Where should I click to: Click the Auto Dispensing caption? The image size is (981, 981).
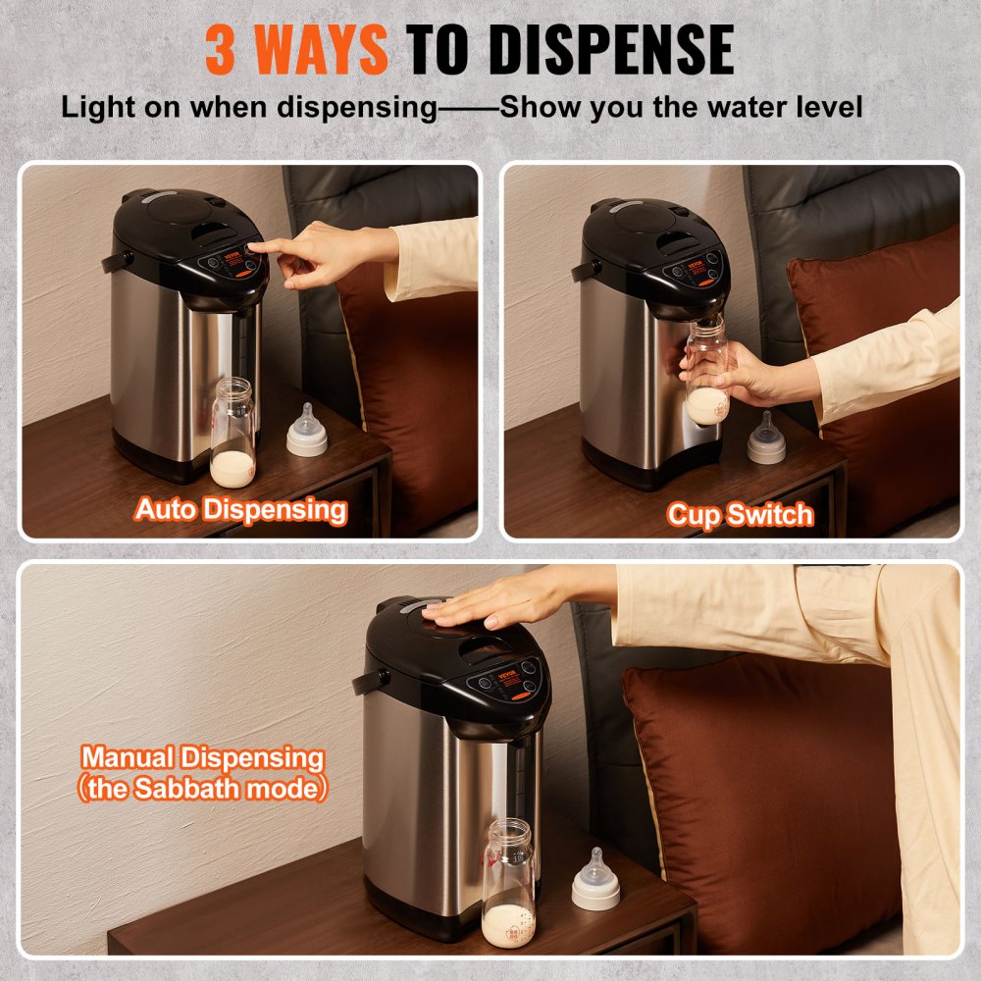240,509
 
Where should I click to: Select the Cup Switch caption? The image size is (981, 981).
741,514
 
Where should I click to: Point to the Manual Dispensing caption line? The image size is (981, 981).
202,757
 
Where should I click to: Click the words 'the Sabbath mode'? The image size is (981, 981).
202,789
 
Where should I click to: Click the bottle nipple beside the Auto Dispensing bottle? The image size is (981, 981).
307,432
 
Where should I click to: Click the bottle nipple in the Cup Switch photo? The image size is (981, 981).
766,439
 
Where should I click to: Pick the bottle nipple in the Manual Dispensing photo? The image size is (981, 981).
595,880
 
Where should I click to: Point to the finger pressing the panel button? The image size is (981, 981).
257,248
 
